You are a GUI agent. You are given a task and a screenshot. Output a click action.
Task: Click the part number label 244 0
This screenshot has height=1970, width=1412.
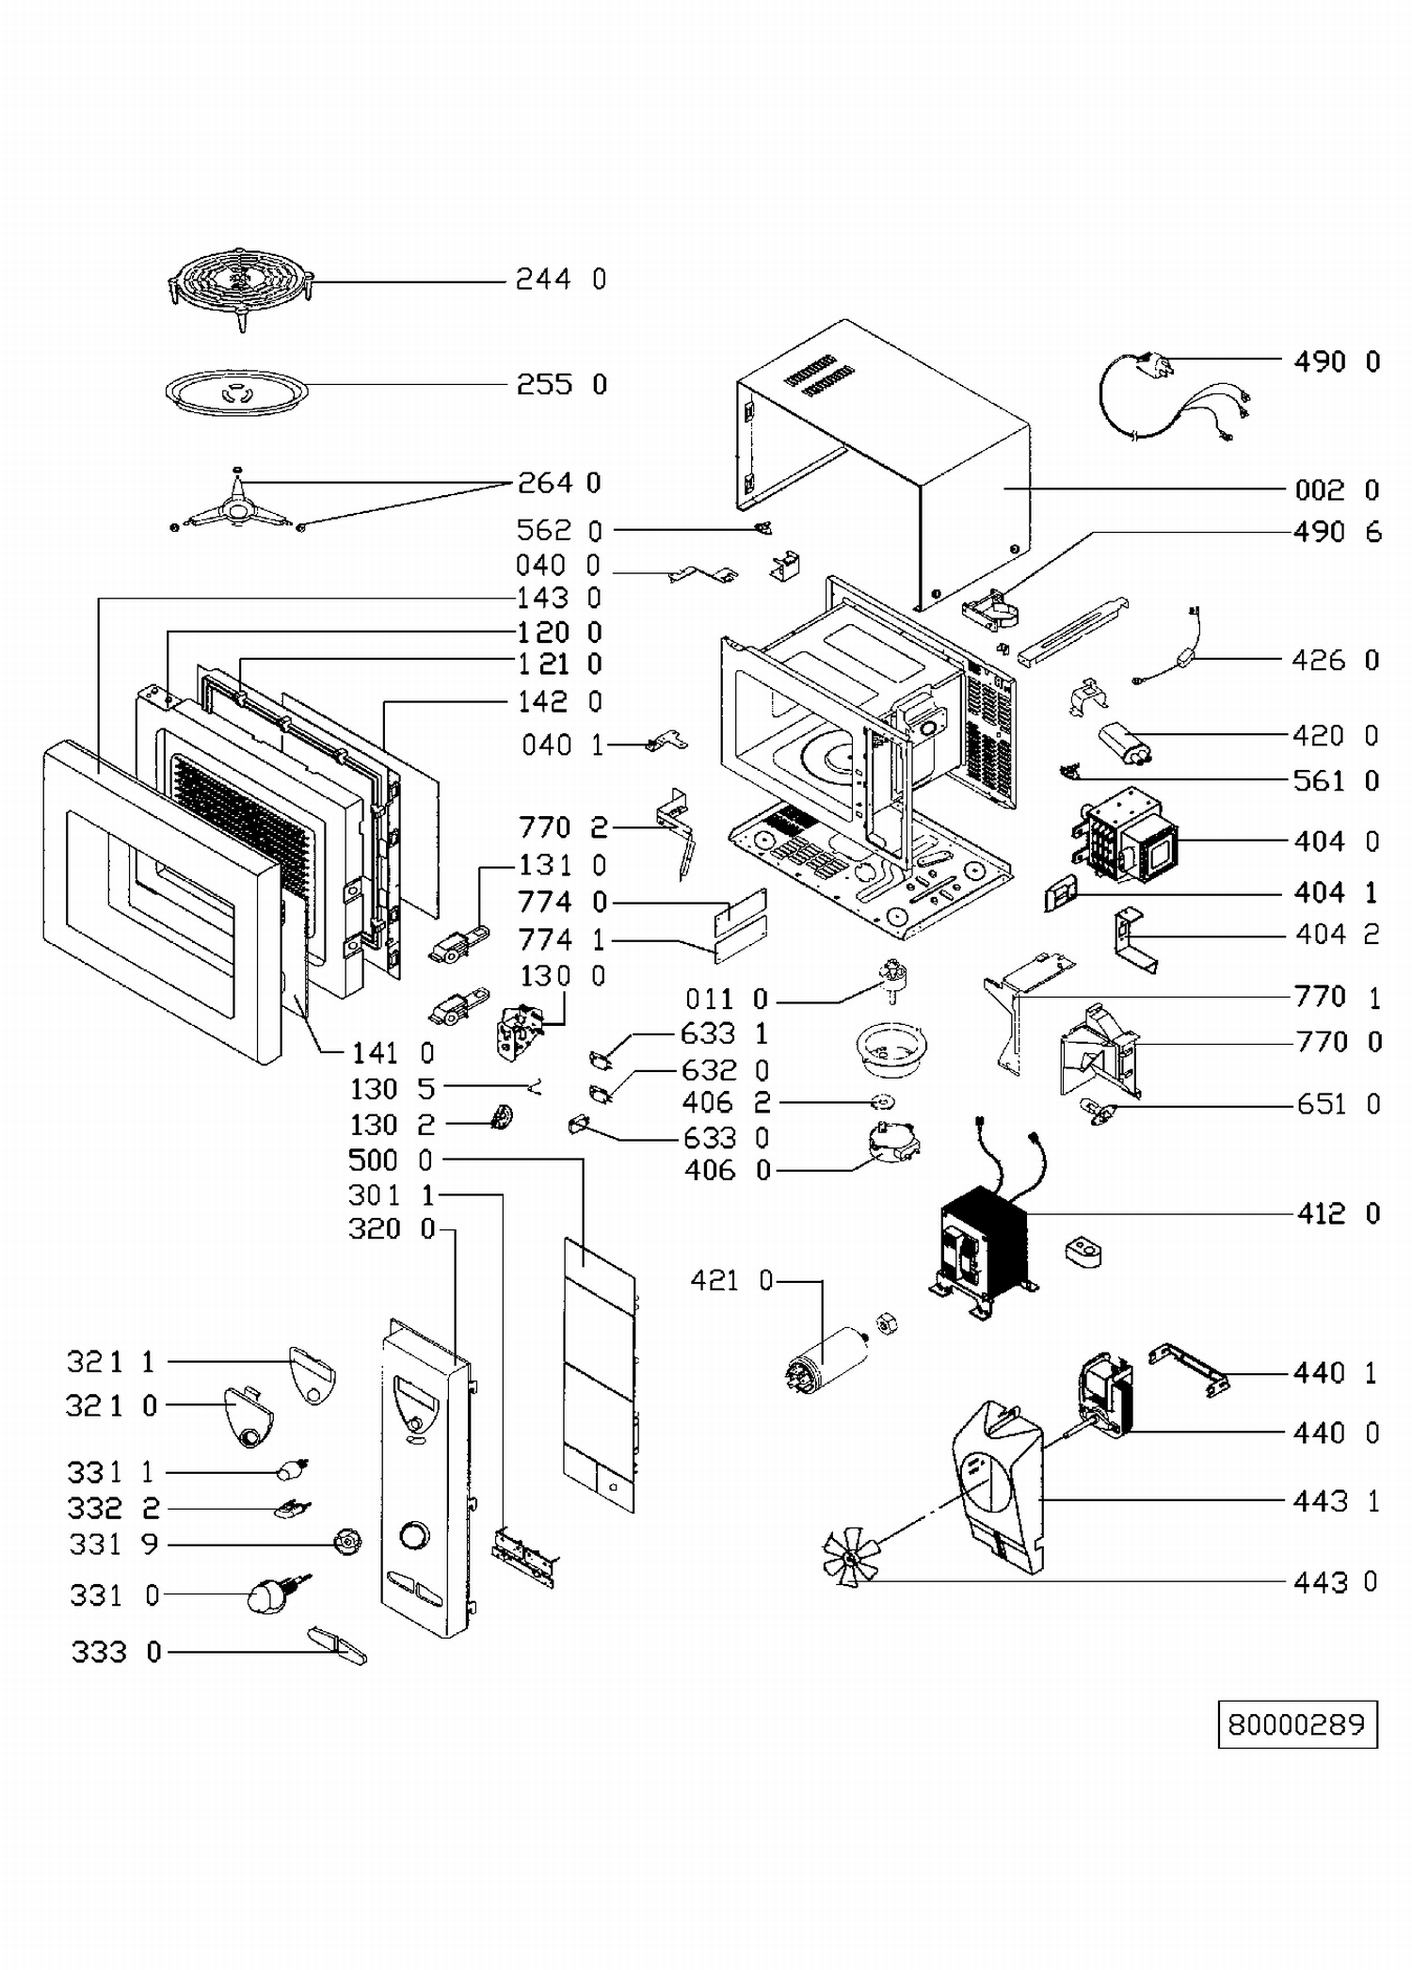[x=560, y=280]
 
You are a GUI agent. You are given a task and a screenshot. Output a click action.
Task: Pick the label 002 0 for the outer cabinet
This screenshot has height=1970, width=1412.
[x=1336, y=490]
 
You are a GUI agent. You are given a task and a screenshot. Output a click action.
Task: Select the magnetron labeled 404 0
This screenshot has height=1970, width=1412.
[x=1124, y=838]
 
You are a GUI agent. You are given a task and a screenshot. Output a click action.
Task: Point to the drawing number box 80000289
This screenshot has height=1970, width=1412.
[x=1296, y=1724]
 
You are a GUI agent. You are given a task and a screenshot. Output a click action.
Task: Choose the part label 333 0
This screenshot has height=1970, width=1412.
[x=116, y=1652]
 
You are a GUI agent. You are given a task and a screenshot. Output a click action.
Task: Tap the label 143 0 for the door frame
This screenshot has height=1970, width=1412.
[x=558, y=599]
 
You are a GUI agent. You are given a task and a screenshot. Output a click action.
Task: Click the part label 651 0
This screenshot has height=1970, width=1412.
[x=1338, y=1104]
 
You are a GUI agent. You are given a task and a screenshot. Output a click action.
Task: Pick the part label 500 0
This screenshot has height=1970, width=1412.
[x=391, y=1161]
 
